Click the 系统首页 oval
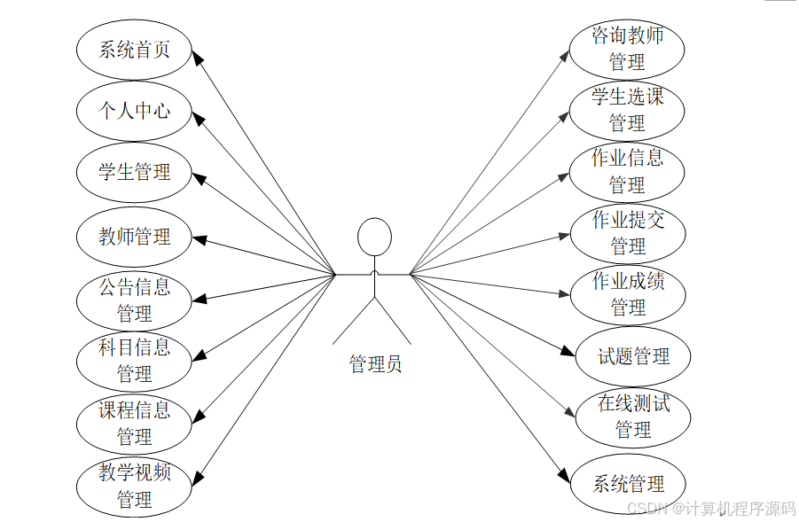(134, 50)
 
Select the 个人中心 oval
(134, 111)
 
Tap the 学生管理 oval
(134, 172)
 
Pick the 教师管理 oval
(134, 237)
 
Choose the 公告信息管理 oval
(134, 300)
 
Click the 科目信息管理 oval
(134, 361)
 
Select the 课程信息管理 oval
(134, 424)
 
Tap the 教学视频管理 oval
(134, 486)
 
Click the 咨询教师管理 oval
(627, 49)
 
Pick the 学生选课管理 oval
(627, 109)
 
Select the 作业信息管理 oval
(627, 171)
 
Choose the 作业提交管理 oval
(627, 232)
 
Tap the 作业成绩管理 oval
(627, 294)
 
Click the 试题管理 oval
(633, 356)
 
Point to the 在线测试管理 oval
(633, 417)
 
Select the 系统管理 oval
(628, 484)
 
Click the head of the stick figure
(374, 237)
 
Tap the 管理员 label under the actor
(375, 363)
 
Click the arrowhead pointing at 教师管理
(200, 238)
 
